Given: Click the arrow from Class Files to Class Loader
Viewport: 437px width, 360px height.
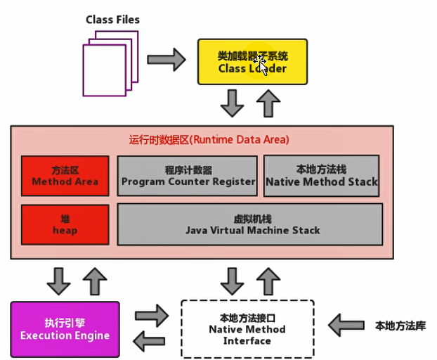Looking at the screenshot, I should point(167,60).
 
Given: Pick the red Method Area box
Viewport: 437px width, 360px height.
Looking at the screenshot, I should point(65,176).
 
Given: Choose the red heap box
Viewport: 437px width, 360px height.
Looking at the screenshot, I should point(65,224).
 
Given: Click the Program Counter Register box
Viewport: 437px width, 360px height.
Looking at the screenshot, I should point(188,176).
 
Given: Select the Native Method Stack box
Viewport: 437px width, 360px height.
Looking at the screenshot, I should point(321,176).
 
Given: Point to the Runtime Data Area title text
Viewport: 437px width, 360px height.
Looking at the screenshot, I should point(209,139).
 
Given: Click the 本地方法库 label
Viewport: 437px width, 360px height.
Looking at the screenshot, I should point(400,326).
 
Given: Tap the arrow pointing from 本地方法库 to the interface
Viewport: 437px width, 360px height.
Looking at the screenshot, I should point(347,325).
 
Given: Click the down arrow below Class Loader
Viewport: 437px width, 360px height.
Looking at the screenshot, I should point(232,104).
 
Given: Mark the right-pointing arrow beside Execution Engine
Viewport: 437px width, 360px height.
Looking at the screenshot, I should point(152,316).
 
